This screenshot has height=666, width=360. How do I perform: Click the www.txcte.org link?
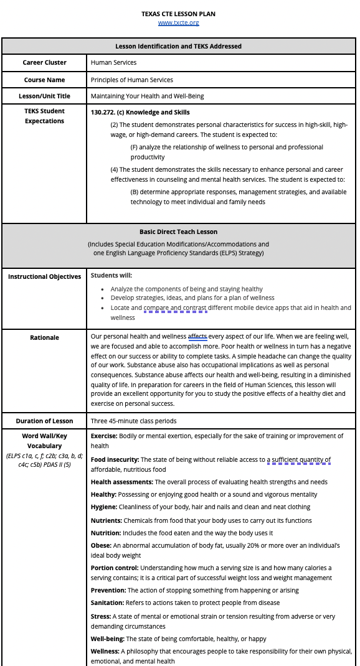(x=178, y=23)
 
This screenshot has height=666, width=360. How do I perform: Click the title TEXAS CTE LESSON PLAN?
(x=178, y=14)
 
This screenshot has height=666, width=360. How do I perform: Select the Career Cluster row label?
(x=44, y=62)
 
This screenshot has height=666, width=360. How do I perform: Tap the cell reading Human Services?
(x=113, y=62)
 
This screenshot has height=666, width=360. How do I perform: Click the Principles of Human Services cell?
(x=131, y=80)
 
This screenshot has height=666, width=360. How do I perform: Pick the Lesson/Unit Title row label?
(x=44, y=96)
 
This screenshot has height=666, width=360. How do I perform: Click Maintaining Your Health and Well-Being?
(x=147, y=96)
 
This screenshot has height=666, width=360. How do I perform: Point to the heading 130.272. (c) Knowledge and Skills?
(x=140, y=113)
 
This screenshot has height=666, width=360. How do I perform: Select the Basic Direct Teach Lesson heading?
(x=178, y=232)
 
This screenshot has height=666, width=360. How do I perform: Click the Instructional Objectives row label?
(x=44, y=276)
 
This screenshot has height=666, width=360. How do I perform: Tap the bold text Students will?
(x=111, y=275)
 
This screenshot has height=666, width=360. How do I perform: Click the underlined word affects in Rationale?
(x=197, y=337)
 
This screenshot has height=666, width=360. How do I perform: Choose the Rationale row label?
(x=44, y=337)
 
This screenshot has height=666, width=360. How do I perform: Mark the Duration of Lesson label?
(x=44, y=421)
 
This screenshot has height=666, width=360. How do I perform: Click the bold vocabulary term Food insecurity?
(x=115, y=460)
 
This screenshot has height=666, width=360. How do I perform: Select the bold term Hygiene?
(x=104, y=507)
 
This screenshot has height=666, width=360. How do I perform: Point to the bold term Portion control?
(x=115, y=568)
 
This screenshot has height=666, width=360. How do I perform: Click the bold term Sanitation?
(x=107, y=603)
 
